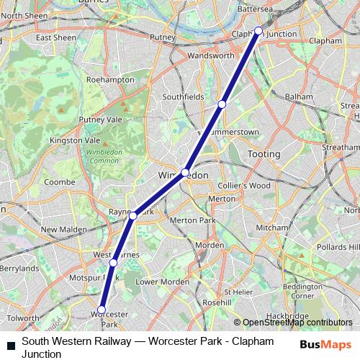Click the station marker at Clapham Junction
coord(258,31)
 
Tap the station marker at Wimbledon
coord(186,173)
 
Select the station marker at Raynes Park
coord(133,215)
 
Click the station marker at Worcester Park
coord(101,310)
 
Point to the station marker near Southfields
coord(222,104)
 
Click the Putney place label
coord(162,37)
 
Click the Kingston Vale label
coord(79,140)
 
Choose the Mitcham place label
coord(271,228)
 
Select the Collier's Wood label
coord(235,185)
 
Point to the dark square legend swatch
coord(10,347)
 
